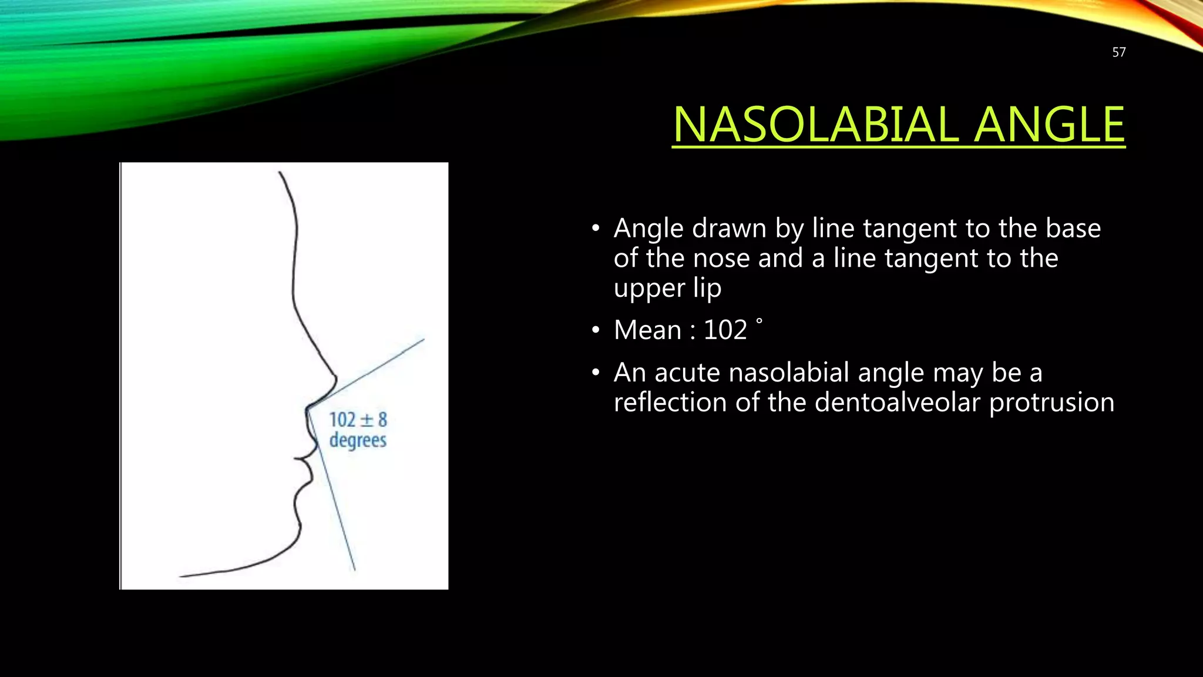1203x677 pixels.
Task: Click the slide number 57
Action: coord(1118,52)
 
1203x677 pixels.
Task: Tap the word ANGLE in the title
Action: coord(1049,125)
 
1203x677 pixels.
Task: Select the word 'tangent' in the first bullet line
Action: coord(945,229)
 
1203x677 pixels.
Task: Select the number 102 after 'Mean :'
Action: coord(725,330)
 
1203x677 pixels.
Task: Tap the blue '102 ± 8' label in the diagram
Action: coord(358,420)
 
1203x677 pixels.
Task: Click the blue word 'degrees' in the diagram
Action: coord(358,440)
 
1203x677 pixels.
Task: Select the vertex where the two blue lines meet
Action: coord(307,407)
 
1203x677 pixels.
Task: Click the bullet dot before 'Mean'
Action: coord(596,331)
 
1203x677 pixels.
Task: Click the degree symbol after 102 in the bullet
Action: coord(759,321)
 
